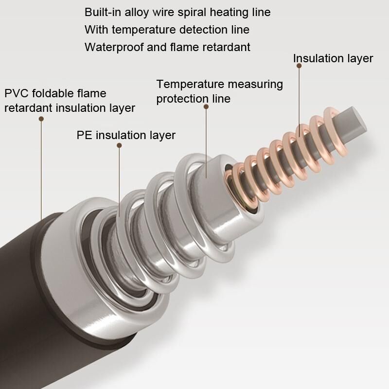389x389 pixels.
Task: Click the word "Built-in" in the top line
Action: point(103,12)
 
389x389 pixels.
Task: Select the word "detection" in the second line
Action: point(203,30)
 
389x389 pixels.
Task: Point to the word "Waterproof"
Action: point(114,47)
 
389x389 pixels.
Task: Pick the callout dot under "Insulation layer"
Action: point(299,66)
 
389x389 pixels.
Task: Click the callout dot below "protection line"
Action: point(206,106)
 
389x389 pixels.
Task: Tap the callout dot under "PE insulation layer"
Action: point(119,145)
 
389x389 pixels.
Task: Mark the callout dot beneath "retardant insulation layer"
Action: point(41,119)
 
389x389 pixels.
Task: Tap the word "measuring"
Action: point(255,85)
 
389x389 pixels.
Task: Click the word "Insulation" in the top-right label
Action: point(318,58)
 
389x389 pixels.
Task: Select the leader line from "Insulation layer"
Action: point(299,101)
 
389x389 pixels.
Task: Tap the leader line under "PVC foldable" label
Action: point(41,169)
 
